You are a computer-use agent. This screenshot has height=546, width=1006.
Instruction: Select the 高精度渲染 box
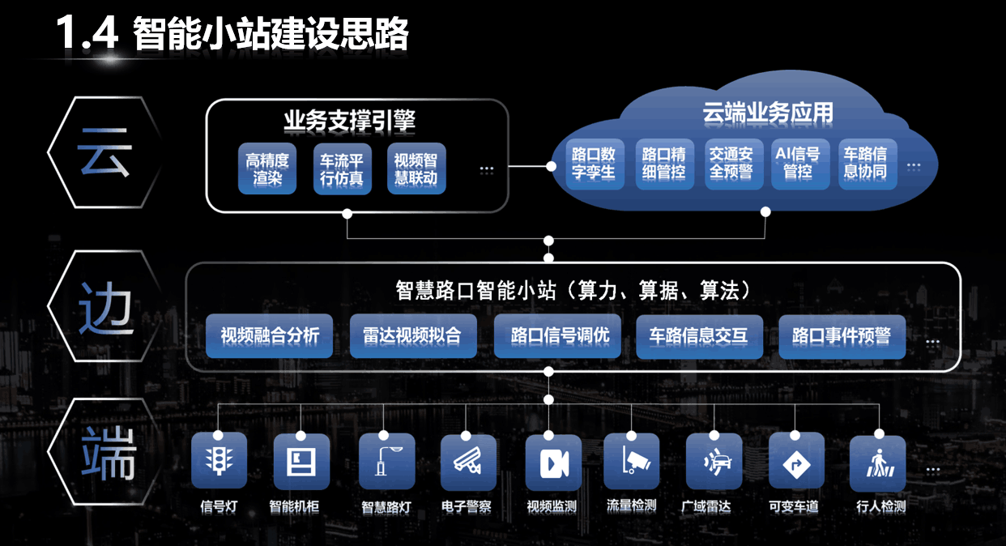pos(267,169)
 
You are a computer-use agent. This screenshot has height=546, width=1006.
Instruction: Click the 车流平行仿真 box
pos(342,169)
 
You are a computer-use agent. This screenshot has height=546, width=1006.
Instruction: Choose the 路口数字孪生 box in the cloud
pos(594,163)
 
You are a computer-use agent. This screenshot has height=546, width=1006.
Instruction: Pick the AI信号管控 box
pos(798,163)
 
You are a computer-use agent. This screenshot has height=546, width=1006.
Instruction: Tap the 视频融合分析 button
pos(270,335)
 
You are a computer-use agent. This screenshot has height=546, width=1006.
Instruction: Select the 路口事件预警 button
pos(841,335)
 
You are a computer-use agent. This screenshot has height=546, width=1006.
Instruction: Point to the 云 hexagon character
pos(104,152)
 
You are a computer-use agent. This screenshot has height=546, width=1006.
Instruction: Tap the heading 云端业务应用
pos(768,113)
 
